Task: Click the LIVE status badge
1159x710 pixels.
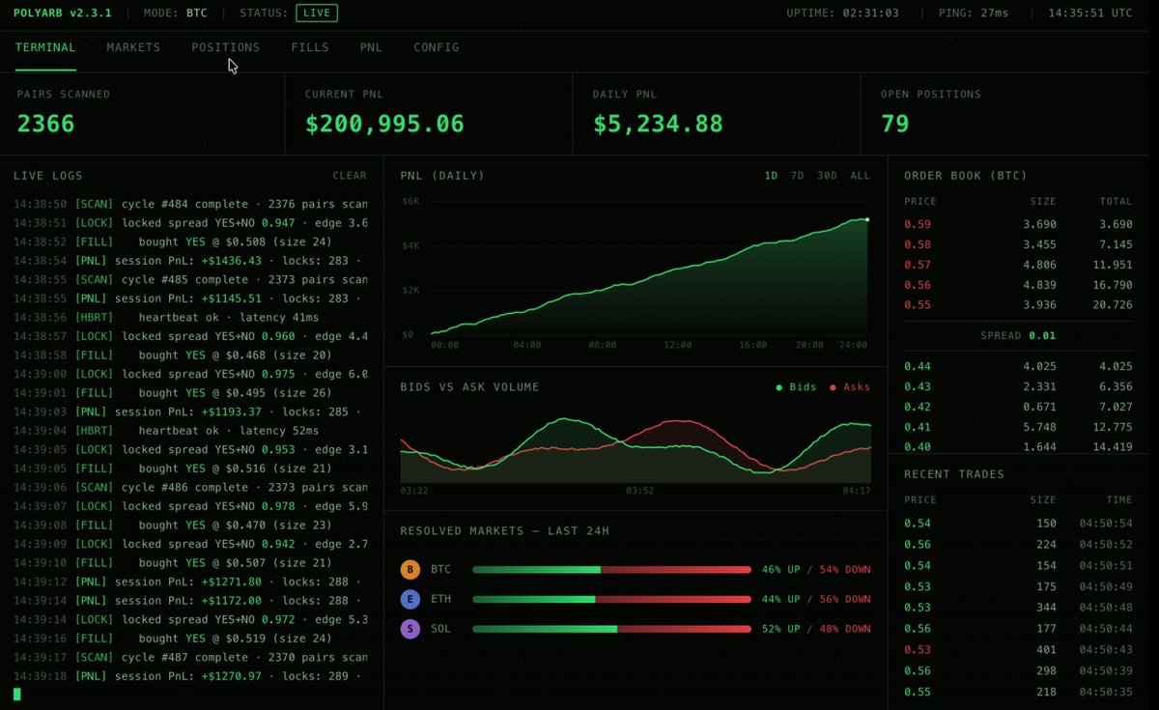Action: pyautogui.click(x=317, y=13)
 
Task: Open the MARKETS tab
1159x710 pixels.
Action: pyautogui.click(x=133, y=47)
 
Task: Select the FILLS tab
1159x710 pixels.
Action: pyautogui.click(x=310, y=47)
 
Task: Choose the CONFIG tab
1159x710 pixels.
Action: pyautogui.click(x=437, y=47)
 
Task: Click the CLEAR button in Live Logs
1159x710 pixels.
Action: pyautogui.click(x=350, y=176)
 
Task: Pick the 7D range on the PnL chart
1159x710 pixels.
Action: pyautogui.click(x=798, y=176)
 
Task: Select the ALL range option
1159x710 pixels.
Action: pyautogui.click(x=860, y=176)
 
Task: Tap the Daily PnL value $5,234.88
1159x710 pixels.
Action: pyautogui.click(x=658, y=124)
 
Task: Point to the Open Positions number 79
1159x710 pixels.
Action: pyautogui.click(x=894, y=124)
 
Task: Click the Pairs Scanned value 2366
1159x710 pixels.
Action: pyautogui.click(x=45, y=124)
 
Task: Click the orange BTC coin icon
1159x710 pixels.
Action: pyautogui.click(x=410, y=569)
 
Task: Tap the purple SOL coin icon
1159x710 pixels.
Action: pyautogui.click(x=410, y=629)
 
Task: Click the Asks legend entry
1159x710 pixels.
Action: pyautogui.click(x=850, y=387)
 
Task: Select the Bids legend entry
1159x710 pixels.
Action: pyautogui.click(x=796, y=387)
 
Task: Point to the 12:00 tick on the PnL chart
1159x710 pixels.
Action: pyautogui.click(x=677, y=345)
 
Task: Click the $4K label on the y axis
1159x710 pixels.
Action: pyautogui.click(x=410, y=245)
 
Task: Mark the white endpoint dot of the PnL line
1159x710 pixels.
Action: pyautogui.click(x=867, y=220)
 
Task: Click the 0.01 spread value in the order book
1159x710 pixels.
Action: pyautogui.click(x=1042, y=335)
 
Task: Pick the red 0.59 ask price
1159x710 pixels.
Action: pyautogui.click(x=918, y=224)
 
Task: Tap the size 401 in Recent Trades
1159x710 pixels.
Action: pyautogui.click(x=1046, y=649)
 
